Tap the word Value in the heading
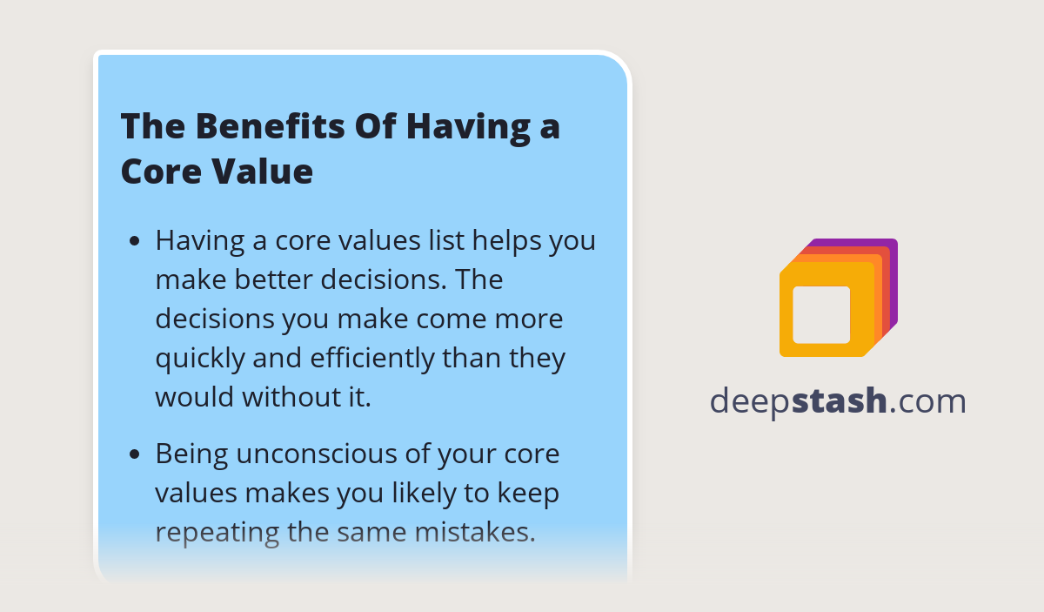point(264,171)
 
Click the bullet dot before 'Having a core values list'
point(135,241)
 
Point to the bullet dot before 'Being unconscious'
point(135,454)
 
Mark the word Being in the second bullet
point(187,454)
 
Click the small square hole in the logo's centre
point(821,314)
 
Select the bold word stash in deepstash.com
point(840,401)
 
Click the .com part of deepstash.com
point(927,401)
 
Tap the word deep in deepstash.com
point(750,401)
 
